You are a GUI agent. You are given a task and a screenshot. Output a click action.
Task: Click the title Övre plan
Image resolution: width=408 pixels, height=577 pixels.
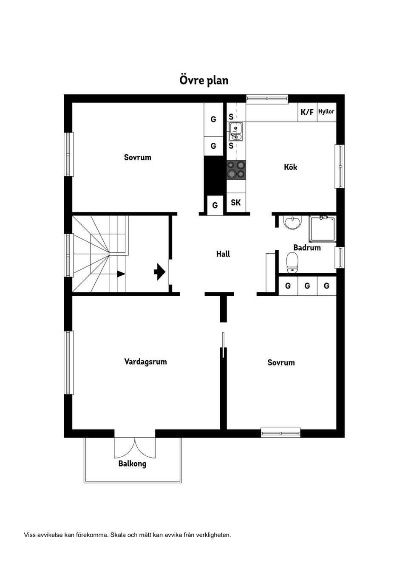click(x=204, y=80)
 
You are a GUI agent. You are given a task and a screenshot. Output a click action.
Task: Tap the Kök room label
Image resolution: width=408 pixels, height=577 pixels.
click(x=290, y=167)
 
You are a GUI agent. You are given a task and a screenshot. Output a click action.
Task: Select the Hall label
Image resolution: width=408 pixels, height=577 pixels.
click(x=223, y=254)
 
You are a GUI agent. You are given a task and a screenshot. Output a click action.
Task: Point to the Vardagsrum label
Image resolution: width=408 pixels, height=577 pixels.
click(x=145, y=362)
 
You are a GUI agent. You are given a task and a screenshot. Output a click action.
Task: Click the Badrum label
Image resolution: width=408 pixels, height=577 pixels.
click(x=307, y=247)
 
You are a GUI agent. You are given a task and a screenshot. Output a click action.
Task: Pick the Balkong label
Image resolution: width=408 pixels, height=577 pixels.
click(x=132, y=464)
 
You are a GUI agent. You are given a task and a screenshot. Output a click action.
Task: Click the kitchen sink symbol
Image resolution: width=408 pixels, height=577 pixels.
click(x=235, y=131)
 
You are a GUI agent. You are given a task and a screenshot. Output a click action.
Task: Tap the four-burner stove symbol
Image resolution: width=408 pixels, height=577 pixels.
click(x=236, y=169)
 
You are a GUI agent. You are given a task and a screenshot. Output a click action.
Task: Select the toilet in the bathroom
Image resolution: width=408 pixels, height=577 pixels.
click(x=292, y=263)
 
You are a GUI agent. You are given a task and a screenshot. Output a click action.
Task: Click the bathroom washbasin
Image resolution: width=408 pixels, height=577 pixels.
click(x=292, y=222)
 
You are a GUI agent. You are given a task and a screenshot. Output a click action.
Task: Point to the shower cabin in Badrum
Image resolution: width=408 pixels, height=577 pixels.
click(x=322, y=229)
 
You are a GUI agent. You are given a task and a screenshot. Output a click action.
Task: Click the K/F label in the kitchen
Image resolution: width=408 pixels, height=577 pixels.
click(x=307, y=112)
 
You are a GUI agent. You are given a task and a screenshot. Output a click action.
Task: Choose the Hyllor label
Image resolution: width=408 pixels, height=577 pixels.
click(x=326, y=112)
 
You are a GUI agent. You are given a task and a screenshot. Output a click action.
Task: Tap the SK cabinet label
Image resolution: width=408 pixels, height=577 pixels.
click(x=236, y=203)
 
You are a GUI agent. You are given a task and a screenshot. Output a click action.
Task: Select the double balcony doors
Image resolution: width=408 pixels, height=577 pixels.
click(x=135, y=447)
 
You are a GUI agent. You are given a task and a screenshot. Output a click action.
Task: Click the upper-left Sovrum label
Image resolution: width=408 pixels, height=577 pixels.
click(x=137, y=157)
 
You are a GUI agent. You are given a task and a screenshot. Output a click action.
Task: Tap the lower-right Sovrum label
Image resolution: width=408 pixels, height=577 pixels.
click(x=281, y=362)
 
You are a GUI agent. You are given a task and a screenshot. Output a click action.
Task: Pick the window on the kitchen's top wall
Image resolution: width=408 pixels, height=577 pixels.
click(x=267, y=99)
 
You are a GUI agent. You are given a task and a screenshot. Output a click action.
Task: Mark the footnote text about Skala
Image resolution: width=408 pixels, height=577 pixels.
click(x=127, y=535)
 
